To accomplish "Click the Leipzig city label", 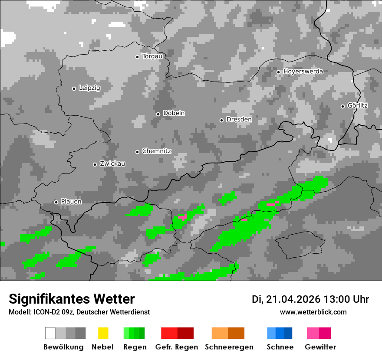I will [x=89, y=88].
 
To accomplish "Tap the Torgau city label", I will [x=152, y=56].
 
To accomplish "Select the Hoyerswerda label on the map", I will [x=303, y=72].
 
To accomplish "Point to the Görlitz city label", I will [x=357, y=105].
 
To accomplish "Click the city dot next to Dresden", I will [x=221, y=120].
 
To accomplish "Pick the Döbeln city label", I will [x=174, y=113].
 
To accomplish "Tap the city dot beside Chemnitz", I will [x=137, y=152].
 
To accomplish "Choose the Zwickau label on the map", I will [x=112, y=164].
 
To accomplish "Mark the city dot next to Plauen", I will [x=56, y=202].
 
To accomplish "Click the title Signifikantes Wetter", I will [x=72, y=299].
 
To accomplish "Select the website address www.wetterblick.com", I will [x=313, y=312].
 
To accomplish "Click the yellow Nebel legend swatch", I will [x=103, y=333].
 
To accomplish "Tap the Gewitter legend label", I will [x=320, y=347].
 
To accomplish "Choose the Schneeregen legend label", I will [x=229, y=347].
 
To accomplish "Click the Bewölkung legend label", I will [x=63, y=347].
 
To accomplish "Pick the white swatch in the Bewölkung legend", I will [x=50, y=333].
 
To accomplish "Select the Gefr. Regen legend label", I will [x=177, y=347].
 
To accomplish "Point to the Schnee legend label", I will [x=280, y=347].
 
